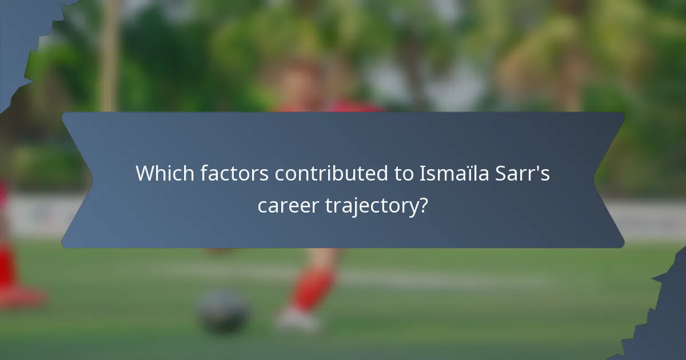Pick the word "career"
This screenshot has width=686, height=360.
(288, 205)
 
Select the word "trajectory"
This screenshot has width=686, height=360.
(372, 206)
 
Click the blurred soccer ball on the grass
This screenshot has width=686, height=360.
(223, 311)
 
